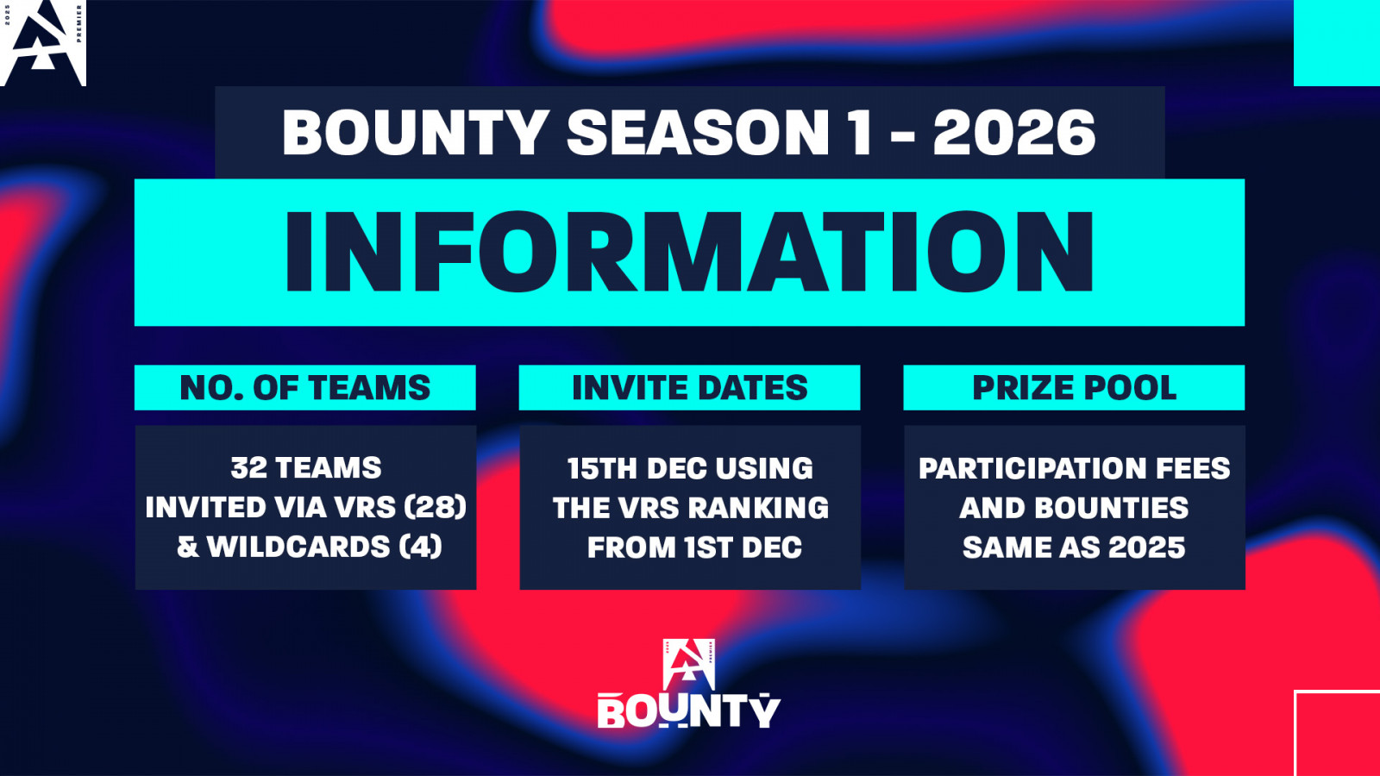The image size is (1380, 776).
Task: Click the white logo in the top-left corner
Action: [43, 43]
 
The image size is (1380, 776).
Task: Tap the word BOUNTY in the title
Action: [416, 133]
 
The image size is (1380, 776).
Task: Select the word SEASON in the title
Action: [698, 133]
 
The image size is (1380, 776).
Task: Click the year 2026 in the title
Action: [1014, 133]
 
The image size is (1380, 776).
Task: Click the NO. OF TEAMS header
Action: [305, 388]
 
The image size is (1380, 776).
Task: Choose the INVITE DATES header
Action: [689, 388]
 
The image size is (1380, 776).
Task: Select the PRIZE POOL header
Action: [1075, 388]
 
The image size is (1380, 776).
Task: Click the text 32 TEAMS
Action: [306, 468]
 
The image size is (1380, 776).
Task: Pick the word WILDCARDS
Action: [298, 547]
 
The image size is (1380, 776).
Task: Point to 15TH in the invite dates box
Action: [603, 469]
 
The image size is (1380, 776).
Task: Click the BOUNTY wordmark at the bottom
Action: [689, 712]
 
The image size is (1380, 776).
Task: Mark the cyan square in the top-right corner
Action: [1337, 43]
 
